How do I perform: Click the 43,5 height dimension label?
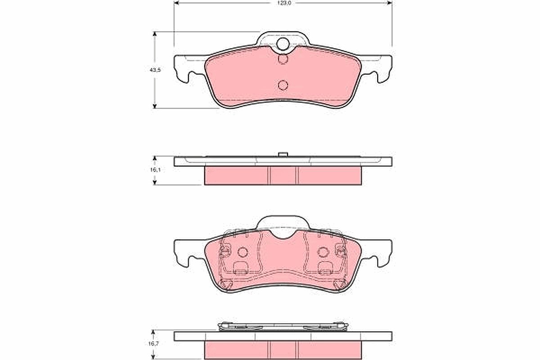pos(155,70)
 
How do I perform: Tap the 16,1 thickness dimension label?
pos(155,170)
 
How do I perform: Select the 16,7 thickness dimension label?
pos(153,344)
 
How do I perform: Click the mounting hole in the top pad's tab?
pos(283,44)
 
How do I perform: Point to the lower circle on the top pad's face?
pos(283,85)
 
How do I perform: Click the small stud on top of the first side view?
pos(283,154)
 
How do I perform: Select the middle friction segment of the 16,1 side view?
pos(283,176)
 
